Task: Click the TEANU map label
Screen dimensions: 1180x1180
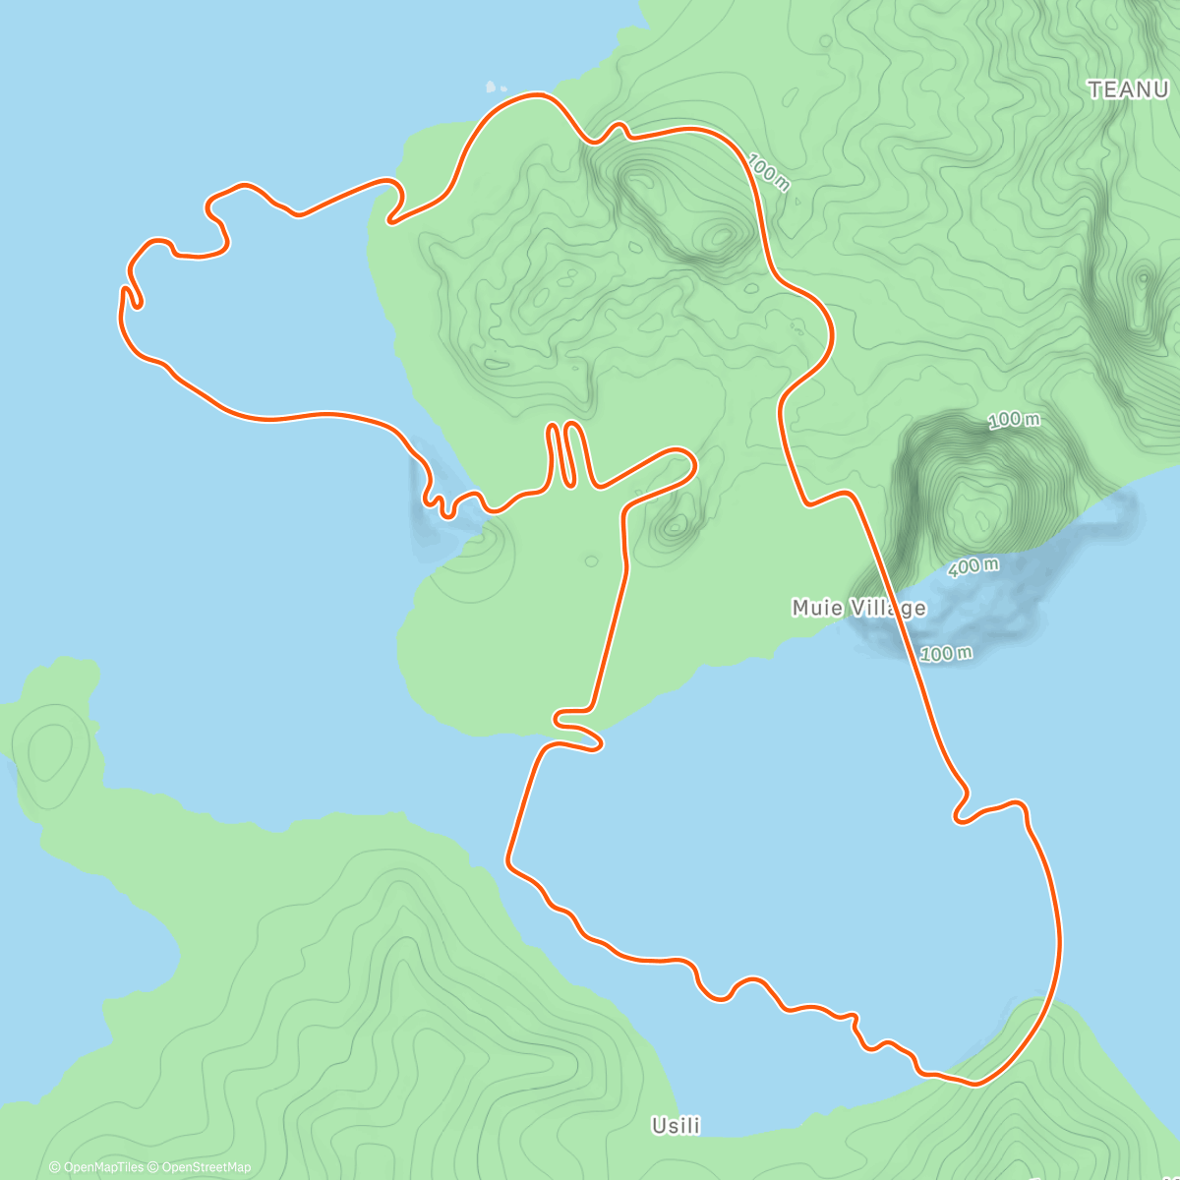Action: pos(1127,89)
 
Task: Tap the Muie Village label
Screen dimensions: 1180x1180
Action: pos(858,608)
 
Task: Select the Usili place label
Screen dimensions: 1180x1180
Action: pos(676,1125)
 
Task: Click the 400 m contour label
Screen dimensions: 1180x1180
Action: pos(973,566)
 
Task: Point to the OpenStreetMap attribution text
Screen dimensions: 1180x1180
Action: pos(206,1167)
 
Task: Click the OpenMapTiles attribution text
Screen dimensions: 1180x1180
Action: pos(96,1167)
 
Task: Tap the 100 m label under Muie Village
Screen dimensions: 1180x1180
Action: pos(946,653)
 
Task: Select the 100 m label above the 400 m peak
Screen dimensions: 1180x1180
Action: pos(1013,420)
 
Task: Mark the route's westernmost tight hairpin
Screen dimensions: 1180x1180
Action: pos(127,295)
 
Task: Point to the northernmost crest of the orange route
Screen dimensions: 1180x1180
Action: pos(536,94)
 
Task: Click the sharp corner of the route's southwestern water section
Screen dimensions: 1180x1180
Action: pos(509,863)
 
